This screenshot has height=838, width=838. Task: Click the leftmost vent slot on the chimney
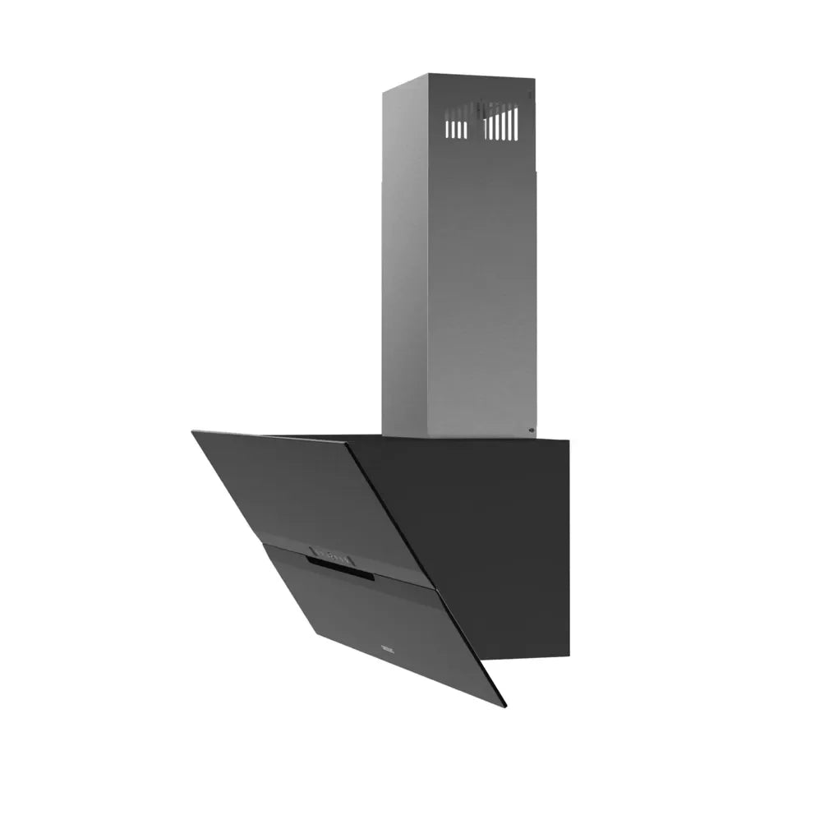point(449,130)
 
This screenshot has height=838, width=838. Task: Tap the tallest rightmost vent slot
point(516,124)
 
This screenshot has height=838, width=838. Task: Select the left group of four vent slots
point(457,130)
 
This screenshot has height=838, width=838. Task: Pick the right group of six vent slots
point(501,126)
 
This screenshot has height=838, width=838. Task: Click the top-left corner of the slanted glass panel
point(194,432)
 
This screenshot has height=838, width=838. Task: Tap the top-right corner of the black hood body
point(569,439)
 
